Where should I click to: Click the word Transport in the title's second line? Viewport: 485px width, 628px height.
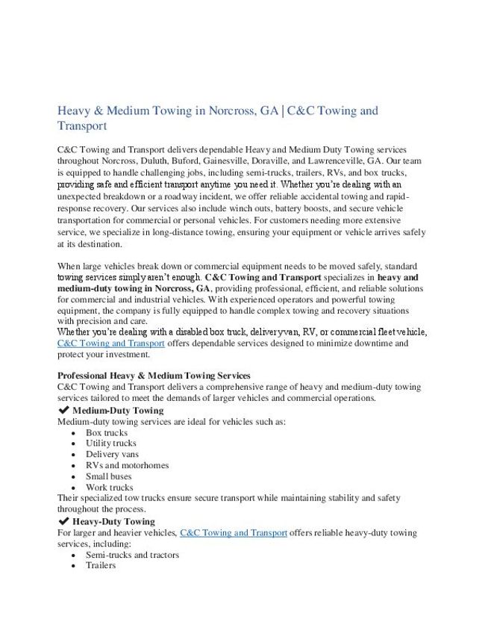click(x=82, y=127)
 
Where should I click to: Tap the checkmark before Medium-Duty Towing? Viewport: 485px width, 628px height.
click(x=63, y=410)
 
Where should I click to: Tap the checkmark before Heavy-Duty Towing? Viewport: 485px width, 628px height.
click(x=63, y=521)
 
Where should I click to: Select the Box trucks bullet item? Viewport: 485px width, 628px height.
click(x=107, y=432)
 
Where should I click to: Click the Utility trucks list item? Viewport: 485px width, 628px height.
click(x=111, y=444)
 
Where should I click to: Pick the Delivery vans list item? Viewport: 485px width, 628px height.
click(x=112, y=454)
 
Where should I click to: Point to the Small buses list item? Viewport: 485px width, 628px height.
click(x=108, y=476)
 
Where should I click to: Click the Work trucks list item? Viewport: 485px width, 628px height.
click(x=110, y=488)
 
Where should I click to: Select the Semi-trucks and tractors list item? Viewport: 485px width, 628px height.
click(x=132, y=555)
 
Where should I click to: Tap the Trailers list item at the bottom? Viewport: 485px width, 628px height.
click(x=101, y=565)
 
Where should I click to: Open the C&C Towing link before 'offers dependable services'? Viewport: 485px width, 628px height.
click(x=111, y=343)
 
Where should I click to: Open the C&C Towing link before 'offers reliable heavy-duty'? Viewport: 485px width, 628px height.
click(x=234, y=533)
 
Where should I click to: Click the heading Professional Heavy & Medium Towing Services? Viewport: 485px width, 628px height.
click(x=154, y=376)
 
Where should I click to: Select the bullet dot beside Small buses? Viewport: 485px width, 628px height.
click(x=73, y=476)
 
